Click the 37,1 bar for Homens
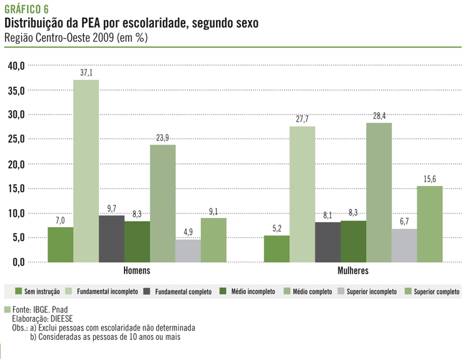click(x=86, y=170)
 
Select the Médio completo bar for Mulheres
click(x=379, y=192)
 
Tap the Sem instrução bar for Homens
click(x=60, y=244)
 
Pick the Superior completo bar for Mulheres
click(x=430, y=224)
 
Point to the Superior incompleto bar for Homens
click(x=188, y=250)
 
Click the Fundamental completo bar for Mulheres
click(x=327, y=242)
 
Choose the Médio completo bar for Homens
click(x=162, y=203)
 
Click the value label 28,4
click(x=379, y=116)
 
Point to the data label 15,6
click(x=430, y=180)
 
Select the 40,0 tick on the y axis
click(x=16, y=66)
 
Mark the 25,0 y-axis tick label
click(x=16, y=139)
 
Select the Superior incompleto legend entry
click(x=368, y=292)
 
